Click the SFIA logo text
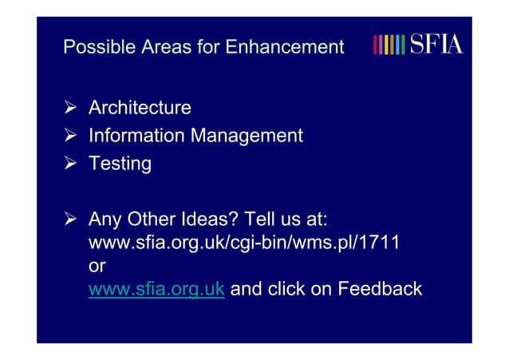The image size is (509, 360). (x=435, y=44)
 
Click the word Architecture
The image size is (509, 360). (x=140, y=108)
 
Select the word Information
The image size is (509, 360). (x=136, y=136)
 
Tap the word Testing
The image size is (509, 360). (x=120, y=164)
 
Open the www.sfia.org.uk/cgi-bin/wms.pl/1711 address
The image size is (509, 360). (x=243, y=243)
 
